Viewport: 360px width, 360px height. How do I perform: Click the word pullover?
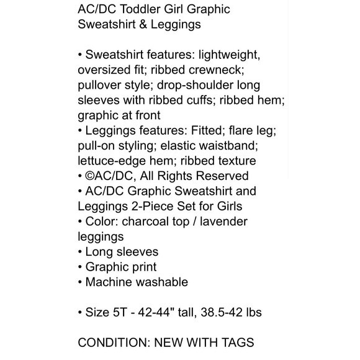(102, 85)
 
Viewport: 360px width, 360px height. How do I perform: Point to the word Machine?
(108, 282)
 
